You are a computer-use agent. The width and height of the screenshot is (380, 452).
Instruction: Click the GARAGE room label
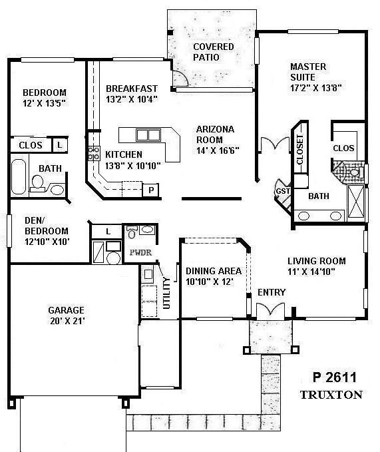tap(66, 310)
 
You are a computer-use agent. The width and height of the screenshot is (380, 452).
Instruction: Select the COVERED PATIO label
tap(213, 52)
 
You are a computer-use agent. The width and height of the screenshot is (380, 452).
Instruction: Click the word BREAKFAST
tap(132, 88)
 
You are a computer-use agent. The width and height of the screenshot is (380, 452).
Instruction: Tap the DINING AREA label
tap(212, 271)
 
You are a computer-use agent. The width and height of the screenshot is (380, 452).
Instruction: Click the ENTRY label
tap(271, 292)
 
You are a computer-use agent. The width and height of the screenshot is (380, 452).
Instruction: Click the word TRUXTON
tap(331, 394)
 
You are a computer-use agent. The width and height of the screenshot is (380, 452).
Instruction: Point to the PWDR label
tap(142, 253)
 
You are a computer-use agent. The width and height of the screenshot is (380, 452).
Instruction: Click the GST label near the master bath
tap(281, 192)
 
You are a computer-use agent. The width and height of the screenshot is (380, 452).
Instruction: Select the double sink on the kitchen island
tap(148, 135)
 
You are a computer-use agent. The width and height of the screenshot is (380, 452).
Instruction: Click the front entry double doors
tap(270, 310)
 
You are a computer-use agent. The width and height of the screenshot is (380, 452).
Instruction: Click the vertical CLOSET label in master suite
tap(300, 150)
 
